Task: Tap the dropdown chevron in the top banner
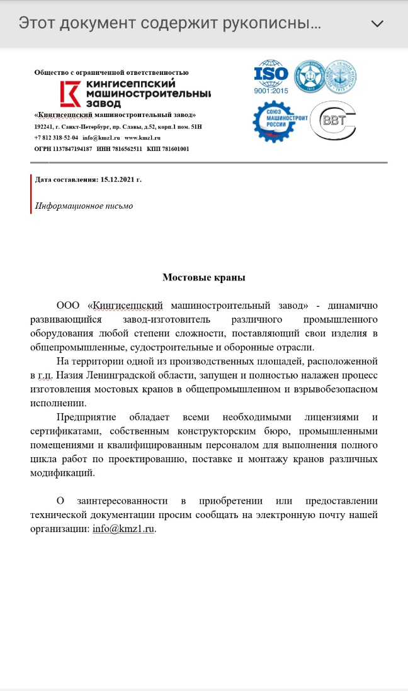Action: (378, 24)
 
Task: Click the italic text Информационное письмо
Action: (84, 206)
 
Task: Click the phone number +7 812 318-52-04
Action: (56, 138)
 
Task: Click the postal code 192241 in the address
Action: (43, 126)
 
